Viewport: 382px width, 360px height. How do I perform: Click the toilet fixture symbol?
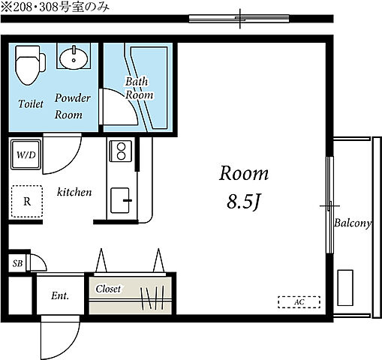(x=30, y=65)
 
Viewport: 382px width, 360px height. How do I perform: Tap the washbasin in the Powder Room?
(x=74, y=58)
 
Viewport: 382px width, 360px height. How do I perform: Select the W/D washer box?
(x=26, y=154)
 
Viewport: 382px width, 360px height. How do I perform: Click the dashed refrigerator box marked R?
(x=27, y=201)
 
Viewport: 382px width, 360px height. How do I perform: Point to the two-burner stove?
(x=121, y=151)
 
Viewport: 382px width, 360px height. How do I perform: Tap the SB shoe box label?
(x=17, y=263)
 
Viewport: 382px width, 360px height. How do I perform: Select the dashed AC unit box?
(x=299, y=302)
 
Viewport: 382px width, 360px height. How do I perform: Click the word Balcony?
(x=353, y=223)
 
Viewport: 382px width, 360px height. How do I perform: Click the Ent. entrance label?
(x=60, y=295)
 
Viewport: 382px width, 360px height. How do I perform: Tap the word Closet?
(x=108, y=289)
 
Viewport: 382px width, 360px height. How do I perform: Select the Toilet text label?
(x=31, y=103)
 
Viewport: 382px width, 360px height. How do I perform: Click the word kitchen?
(x=74, y=192)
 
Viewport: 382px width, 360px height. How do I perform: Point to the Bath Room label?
(x=139, y=88)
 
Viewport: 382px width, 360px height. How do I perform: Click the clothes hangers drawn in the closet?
(x=152, y=297)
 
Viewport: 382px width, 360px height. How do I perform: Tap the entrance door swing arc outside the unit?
(x=68, y=340)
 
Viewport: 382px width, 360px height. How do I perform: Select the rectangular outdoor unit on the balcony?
(x=345, y=288)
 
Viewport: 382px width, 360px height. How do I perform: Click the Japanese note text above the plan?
(x=56, y=7)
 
